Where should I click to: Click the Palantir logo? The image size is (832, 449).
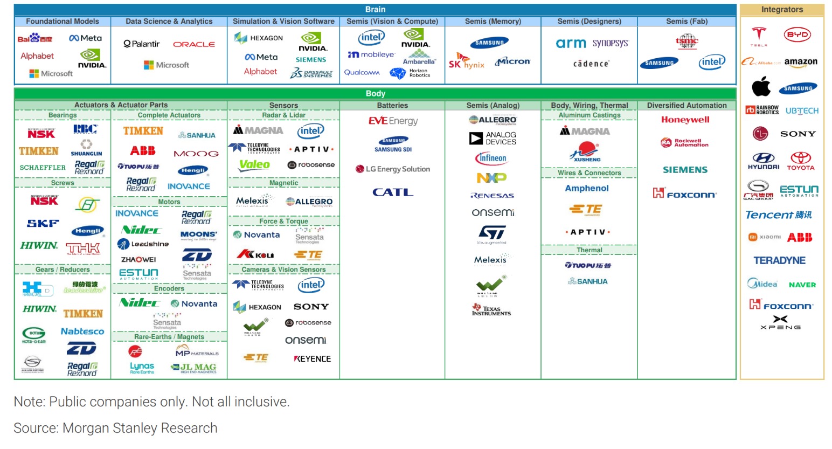tap(141, 44)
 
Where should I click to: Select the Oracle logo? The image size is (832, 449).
tap(194, 44)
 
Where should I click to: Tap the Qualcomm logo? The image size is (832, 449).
tap(362, 72)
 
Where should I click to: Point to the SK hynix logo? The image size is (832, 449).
tap(466, 62)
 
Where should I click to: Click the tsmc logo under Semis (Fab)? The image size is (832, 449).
tap(687, 41)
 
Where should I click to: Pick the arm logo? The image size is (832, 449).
tap(571, 43)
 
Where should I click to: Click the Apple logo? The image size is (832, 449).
tap(761, 86)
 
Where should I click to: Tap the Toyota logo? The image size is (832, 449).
tap(801, 161)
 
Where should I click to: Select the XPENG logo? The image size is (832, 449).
tap(780, 322)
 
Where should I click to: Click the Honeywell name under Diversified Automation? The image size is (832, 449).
tap(685, 120)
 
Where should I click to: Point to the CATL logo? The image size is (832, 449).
tap(393, 192)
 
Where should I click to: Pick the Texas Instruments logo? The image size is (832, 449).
tap(491, 309)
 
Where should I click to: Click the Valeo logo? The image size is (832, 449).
tap(254, 165)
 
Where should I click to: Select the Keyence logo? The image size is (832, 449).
tap(312, 358)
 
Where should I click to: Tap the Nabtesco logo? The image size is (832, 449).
tap(82, 331)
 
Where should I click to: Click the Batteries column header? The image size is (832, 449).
tap(392, 105)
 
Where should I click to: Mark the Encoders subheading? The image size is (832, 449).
tap(169, 288)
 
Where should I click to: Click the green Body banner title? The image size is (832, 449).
tap(375, 93)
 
